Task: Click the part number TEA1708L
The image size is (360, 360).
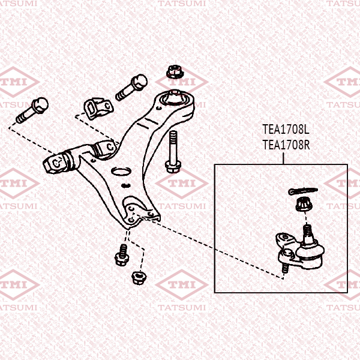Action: click(x=285, y=129)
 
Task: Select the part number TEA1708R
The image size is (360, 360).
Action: click(x=285, y=144)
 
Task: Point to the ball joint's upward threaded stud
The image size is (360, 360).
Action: click(x=307, y=230)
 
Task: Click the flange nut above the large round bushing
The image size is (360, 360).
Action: click(x=174, y=72)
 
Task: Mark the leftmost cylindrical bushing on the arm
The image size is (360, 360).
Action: click(x=56, y=162)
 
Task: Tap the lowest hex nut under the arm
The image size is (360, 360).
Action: click(x=137, y=277)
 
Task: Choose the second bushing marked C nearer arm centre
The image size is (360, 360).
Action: click(x=106, y=146)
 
